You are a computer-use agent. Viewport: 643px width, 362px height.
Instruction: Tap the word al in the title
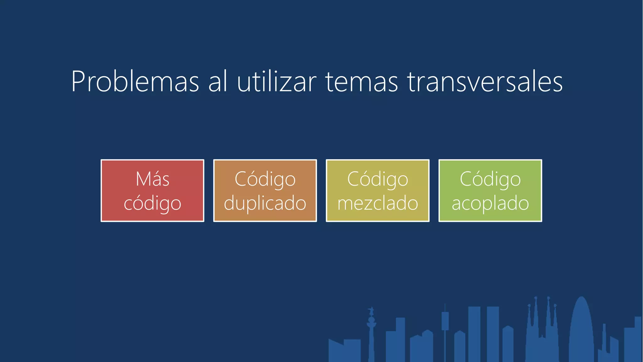pos(218,82)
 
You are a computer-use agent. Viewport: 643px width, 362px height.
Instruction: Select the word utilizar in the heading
pos(277,82)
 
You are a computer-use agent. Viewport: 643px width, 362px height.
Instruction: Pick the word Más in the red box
pos(153,179)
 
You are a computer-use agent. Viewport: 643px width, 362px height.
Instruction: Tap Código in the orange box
pos(265,179)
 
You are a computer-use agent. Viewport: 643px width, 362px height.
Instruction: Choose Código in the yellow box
pos(378,179)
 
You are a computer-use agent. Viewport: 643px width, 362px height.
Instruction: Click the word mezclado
pos(378,203)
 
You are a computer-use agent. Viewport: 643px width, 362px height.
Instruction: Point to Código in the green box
pos(490,179)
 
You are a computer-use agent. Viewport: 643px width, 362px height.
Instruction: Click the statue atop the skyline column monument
pos(371,311)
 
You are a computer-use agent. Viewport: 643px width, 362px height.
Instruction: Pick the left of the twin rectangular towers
pos(474,333)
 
